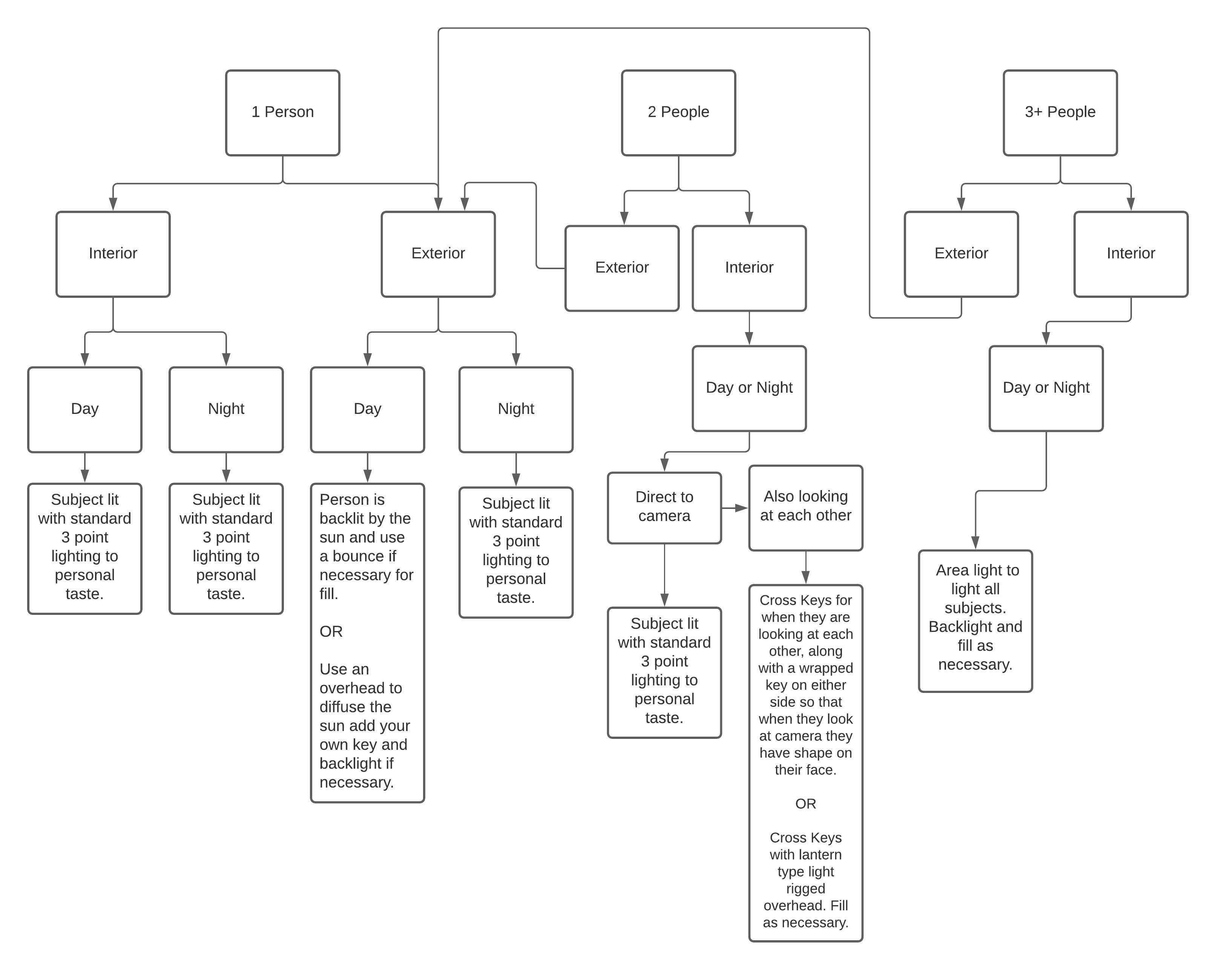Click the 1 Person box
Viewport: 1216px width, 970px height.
click(282, 113)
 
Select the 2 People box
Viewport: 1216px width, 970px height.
click(678, 113)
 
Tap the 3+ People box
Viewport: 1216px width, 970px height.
click(1060, 113)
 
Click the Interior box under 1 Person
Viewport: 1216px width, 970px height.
click(113, 254)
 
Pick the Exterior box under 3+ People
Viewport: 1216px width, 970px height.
click(961, 254)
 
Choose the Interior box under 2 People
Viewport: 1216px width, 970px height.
click(749, 268)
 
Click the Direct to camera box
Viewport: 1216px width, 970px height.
click(664, 507)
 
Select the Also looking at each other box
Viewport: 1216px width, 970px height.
click(805, 507)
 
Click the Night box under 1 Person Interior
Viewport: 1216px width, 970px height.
click(226, 409)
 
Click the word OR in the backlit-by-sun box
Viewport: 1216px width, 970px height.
click(331, 631)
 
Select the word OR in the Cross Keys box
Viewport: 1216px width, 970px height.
click(805, 804)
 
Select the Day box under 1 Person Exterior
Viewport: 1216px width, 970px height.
click(367, 409)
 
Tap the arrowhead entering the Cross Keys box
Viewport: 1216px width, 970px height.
click(805, 578)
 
